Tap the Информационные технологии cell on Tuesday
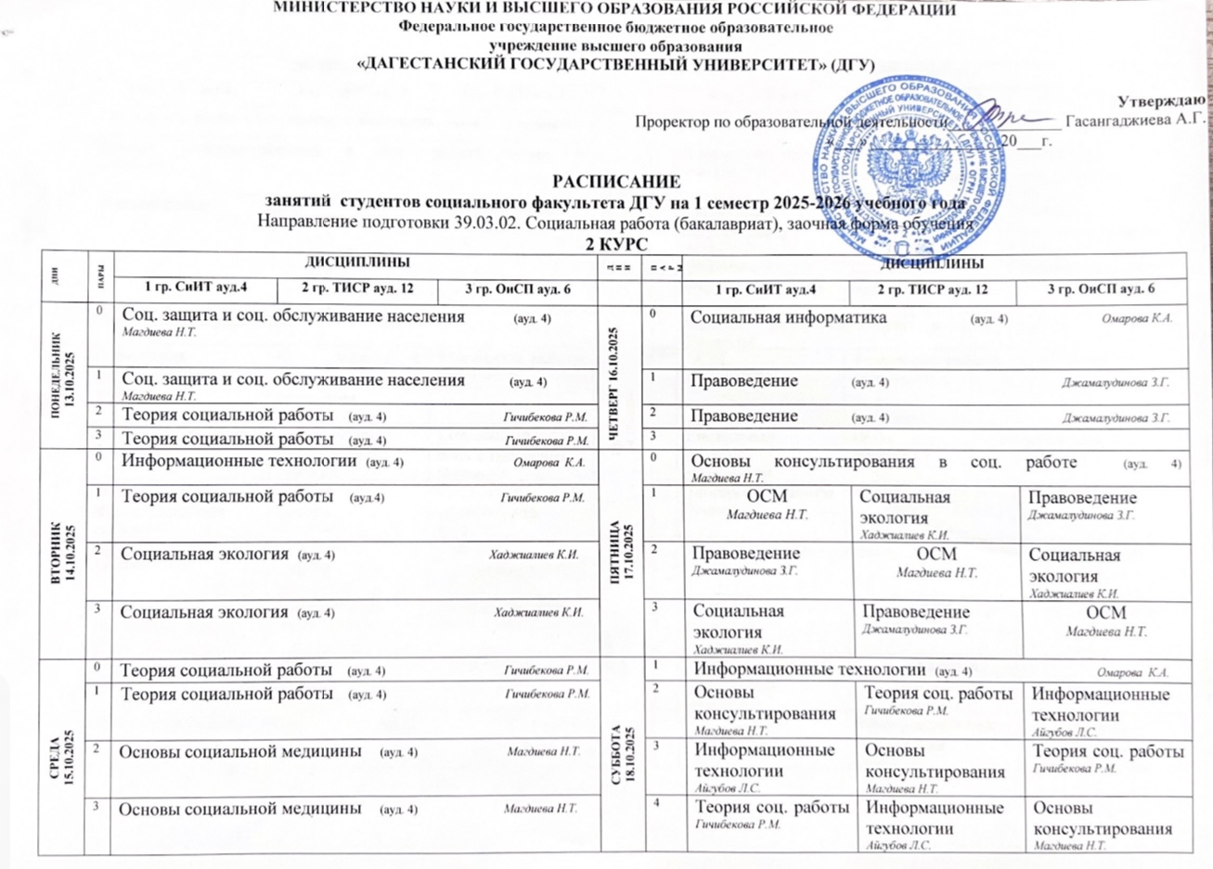tap(239, 461)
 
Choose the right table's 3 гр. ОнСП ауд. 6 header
tap(1101, 289)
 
